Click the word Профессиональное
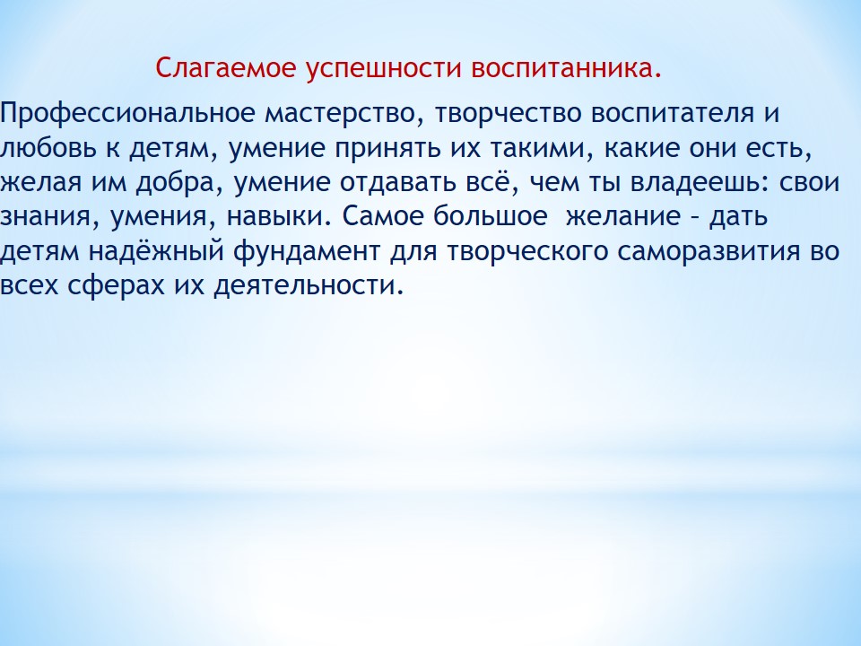click(x=128, y=114)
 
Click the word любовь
click(x=48, y=147)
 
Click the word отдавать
click(x=398, y=182)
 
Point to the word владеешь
click(x=700, y=183)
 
